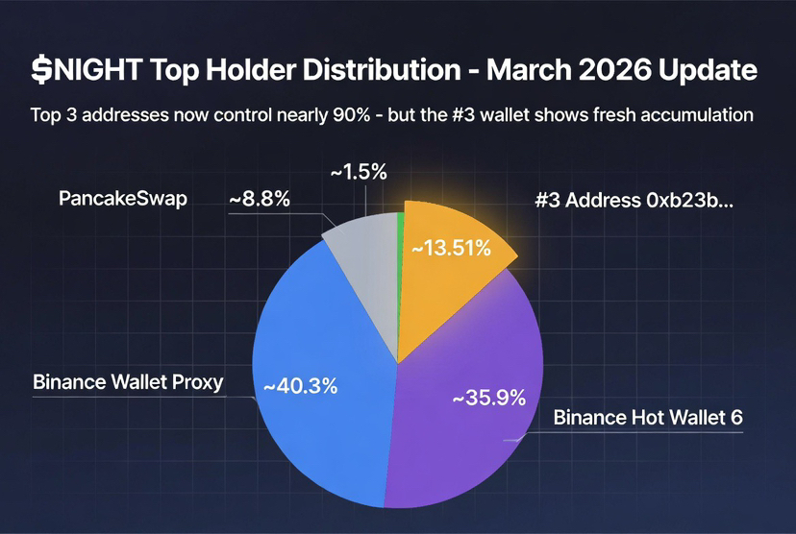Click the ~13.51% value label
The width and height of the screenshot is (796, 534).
451,248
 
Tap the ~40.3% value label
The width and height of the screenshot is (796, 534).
300,386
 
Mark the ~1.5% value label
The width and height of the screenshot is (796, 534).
359,173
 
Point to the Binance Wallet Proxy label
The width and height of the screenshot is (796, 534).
128,381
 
